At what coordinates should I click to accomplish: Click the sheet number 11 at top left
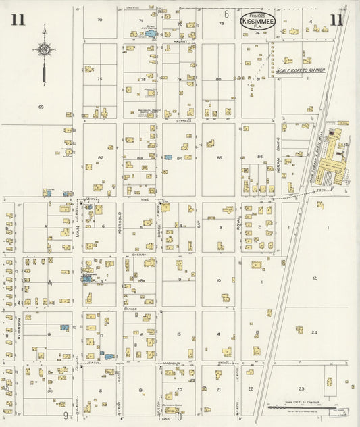coord(18,20)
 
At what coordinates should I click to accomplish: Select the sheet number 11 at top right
coord(337,20)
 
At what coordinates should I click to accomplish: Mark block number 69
coord(41,107)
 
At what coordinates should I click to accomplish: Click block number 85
coord(220,157)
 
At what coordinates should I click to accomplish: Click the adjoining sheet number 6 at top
coord(227,14)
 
